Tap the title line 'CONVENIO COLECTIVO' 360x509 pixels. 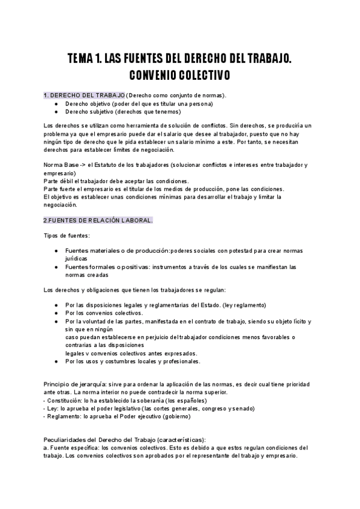tap(179, 76)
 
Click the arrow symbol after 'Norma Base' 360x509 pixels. tap(82, 164)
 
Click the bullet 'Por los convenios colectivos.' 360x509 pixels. tap(104, 313)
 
